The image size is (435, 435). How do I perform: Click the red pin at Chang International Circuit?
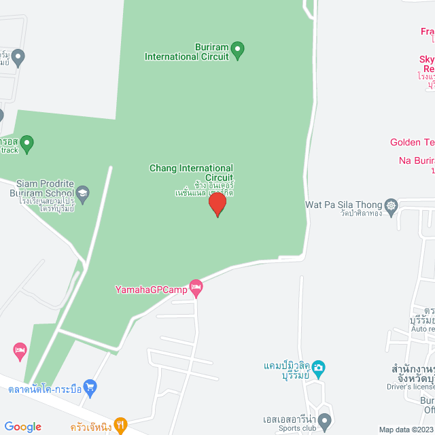[217, 204]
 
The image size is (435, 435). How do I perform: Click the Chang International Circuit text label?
[192, 173]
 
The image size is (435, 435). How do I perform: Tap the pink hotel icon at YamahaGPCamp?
[196, 288]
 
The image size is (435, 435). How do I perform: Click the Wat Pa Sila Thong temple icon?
[391, 205]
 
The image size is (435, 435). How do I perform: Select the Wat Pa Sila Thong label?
[344, 205]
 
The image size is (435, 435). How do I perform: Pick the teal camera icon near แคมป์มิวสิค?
[319, 368]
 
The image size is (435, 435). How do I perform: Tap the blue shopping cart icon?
[90, 388]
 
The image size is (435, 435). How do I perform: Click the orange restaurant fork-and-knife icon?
[120, 425]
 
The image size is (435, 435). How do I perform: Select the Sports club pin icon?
[325, 419]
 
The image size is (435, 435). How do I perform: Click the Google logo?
[22, 427]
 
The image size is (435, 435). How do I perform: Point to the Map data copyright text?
[406, 430]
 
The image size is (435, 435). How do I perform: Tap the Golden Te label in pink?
[412, 142]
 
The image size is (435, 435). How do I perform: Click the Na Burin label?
[416, 160]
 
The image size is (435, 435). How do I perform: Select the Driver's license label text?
[409, 387]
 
